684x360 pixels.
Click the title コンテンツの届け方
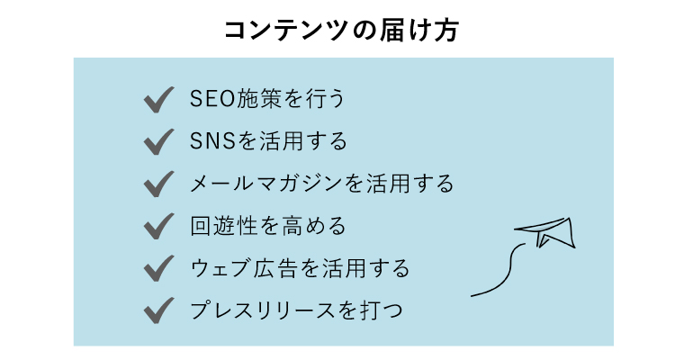pos(341,31)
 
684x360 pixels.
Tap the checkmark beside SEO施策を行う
pos(158,100)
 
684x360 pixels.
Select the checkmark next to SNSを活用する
pos(158,142)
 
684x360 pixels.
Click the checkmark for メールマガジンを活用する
pos(158,184)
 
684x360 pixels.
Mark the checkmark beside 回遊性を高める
pos(158,227)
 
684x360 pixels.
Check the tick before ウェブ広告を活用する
pos(158,269)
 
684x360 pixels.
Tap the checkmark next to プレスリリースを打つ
pos(158,310)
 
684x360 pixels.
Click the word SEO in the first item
pos(213,99)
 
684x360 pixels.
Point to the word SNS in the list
pos(213,141)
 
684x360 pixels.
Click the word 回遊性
pos(223,226)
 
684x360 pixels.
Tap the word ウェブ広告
pos(244,268)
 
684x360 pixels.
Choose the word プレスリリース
pos(262,310)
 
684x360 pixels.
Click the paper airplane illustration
pos(545,232)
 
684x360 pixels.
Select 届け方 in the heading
pos(418,31)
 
